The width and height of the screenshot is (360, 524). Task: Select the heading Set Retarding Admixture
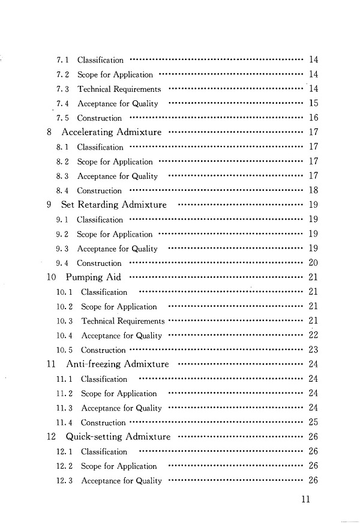[x=114, y=205]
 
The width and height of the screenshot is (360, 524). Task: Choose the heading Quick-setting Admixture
[x=118, y=437]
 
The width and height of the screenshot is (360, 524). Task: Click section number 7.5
[x=62, y=118]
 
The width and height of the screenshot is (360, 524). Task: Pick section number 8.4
[x=63, y=191]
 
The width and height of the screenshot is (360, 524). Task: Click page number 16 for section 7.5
[x=313, y=118]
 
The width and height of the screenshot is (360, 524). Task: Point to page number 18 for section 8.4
[x=313, y=191]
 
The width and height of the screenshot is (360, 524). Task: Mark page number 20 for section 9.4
[x=313, y=263]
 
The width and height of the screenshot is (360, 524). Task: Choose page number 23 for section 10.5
[x=313, y=350]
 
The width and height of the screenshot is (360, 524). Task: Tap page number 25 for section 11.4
[x=313, y=423]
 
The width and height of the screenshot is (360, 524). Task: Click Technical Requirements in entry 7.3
[x=119, y=89]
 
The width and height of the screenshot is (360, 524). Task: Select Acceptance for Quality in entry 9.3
[x=118, y=248]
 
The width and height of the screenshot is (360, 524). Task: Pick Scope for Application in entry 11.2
[x=119, y=394]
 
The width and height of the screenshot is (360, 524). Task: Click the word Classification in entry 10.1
[x=104, y=292]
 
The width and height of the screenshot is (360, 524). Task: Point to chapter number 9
[x=49, y=205]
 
